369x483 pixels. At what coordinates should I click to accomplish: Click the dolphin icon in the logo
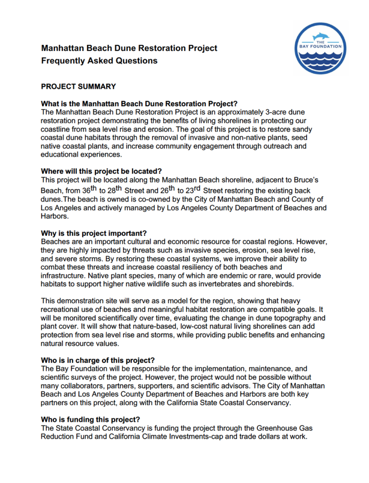(x=322, y=36)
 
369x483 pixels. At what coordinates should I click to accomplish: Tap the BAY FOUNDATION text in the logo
(x=321, y=46)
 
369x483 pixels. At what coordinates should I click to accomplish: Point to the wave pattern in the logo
(x=321, y=59)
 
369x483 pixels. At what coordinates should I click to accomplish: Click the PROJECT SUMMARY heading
(x=78, y=86)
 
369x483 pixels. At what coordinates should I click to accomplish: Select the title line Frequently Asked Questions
(x=99, y=60)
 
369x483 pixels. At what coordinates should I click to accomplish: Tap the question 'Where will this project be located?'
(x=104, y=171)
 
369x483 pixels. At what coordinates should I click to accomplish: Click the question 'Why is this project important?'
(x=94, y=233)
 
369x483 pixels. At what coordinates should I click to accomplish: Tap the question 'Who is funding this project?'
(x=90, y=419)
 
